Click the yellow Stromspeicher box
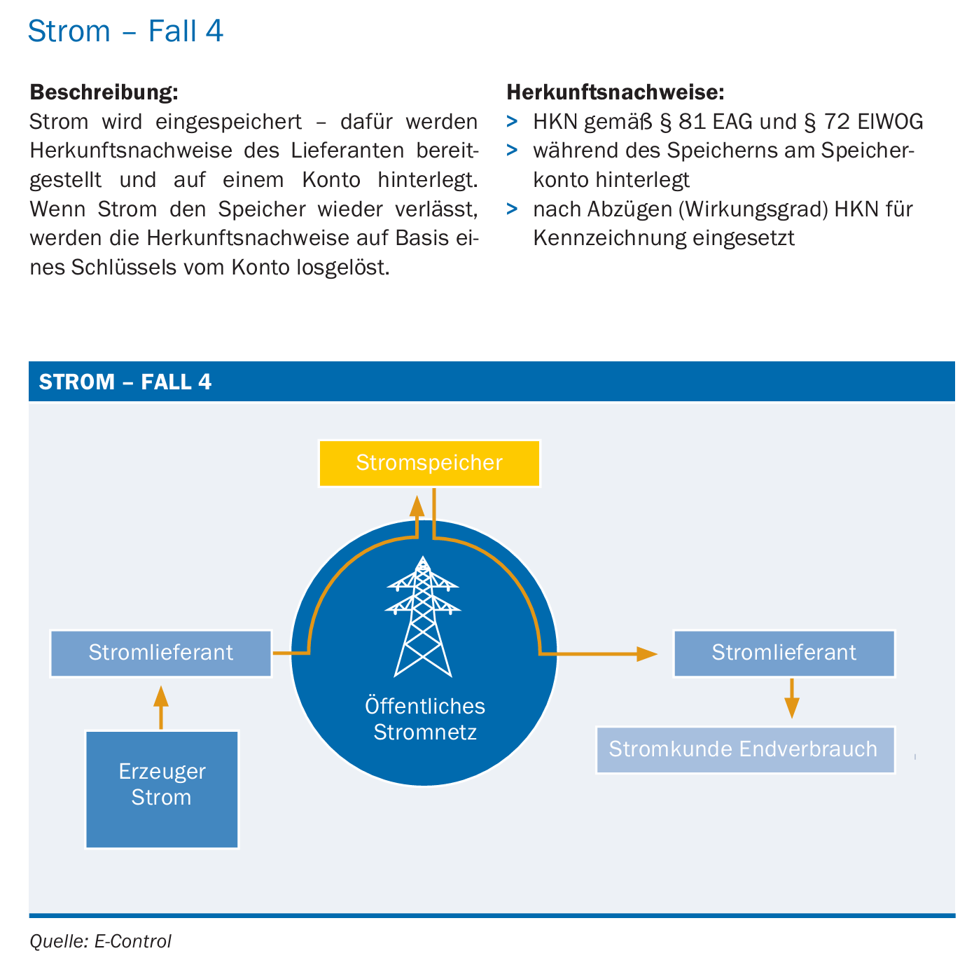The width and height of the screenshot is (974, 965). tap(429, 462)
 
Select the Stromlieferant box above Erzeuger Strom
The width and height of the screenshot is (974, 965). tap(161, 653)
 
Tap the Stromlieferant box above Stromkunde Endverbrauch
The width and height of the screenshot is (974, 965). tap(784, 653)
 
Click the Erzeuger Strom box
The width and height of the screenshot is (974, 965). tap(161, 789)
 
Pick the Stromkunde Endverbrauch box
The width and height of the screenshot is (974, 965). tap(744, 749)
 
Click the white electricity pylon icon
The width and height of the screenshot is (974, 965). tap(422, 616)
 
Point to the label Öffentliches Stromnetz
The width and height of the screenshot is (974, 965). tap(424, 718)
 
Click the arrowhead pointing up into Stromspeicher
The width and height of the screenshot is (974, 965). tap(417, 506)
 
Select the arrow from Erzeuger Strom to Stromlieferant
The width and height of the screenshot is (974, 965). tap(161, 707)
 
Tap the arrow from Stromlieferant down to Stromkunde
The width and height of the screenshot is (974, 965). tap(791, 698)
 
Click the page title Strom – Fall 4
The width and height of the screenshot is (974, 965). tap(125, 31)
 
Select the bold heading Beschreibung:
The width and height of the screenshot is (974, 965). tap(104, 92)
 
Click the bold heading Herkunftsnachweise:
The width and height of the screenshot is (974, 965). tap(615, 92)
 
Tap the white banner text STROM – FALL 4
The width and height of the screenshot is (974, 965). tap(125, 382)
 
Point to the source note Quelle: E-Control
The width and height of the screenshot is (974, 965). tap(100, 940)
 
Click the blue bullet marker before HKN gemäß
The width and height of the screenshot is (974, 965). tap(512, 121)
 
